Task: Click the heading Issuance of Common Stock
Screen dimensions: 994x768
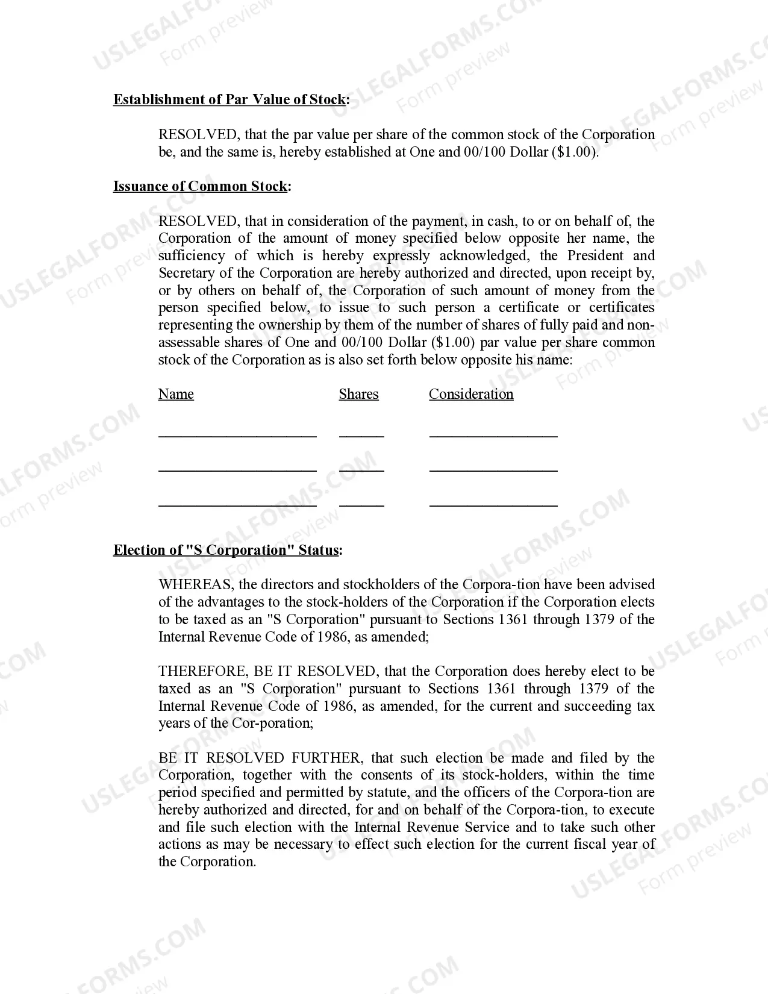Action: (x=202, y=187)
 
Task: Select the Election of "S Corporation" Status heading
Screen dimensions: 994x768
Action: (x=228, y=551)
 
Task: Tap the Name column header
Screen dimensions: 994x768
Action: (x=176, y=395)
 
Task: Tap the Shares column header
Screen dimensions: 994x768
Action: (x=358, y=395)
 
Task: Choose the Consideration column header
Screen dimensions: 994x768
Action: (x=471, y=395)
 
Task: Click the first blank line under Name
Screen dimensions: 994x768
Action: (x=237, y=434)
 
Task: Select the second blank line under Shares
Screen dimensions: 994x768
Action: (x=361, y=469)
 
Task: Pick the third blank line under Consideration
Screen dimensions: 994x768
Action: (x=493, y=504)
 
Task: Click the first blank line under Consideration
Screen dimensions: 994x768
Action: (x=493, y=434)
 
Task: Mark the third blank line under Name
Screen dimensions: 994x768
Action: (x=237, y=504)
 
